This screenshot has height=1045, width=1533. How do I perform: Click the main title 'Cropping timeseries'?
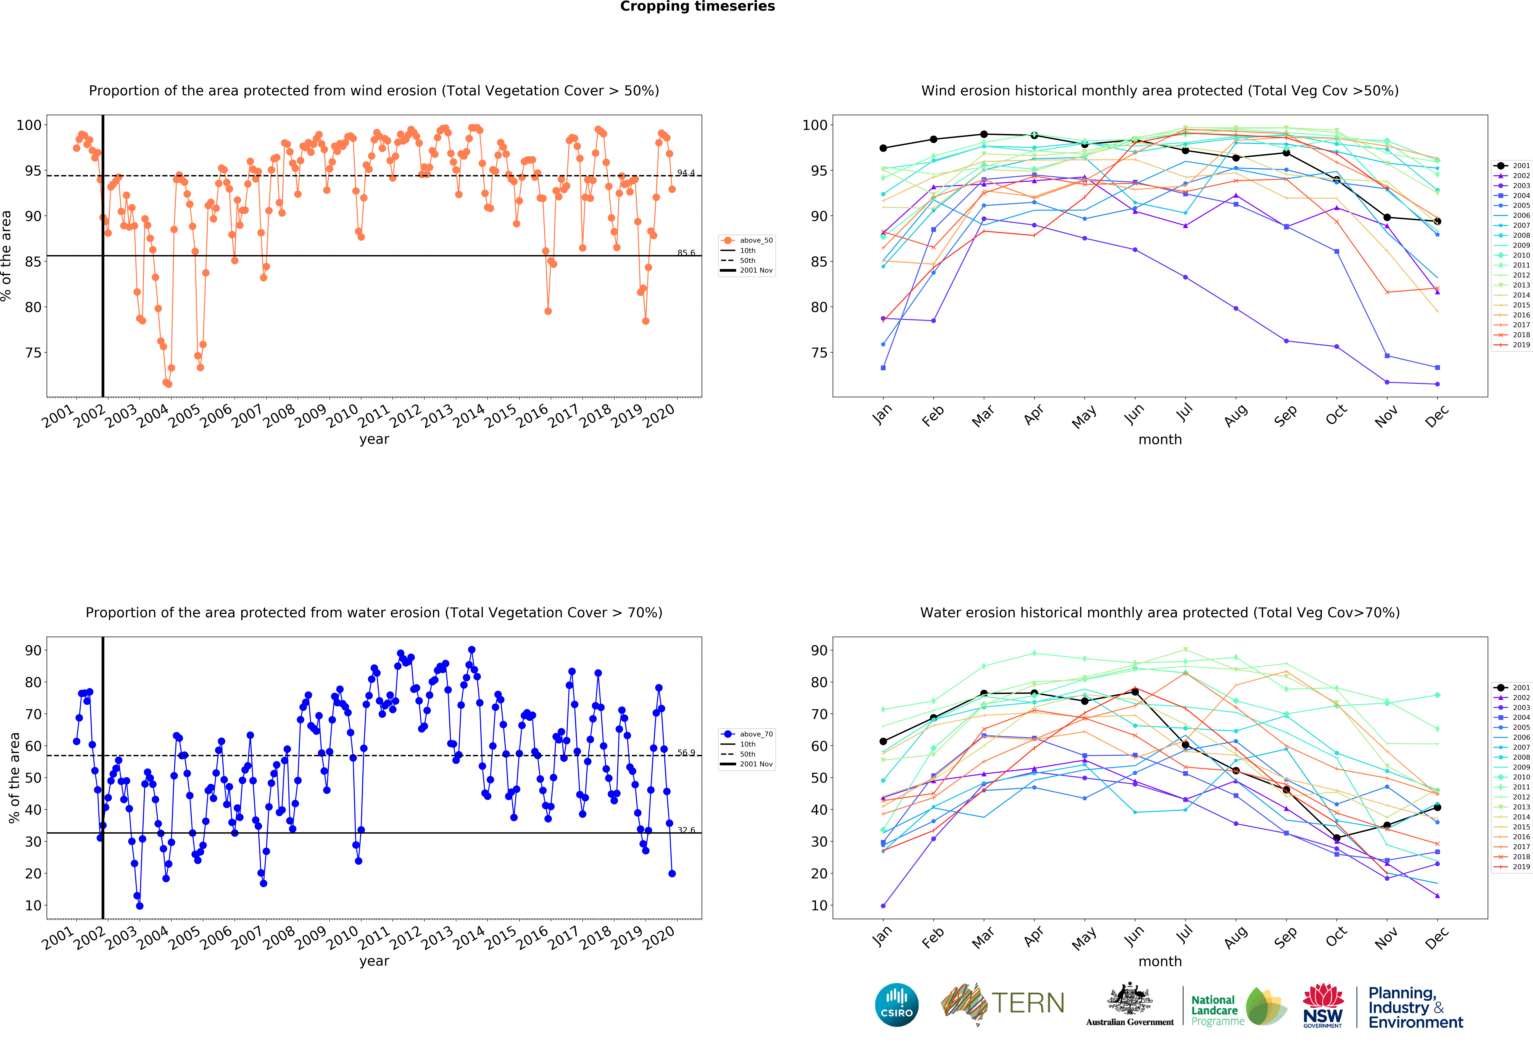click(x=697, y=7)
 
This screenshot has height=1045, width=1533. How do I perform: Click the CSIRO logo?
click(x=896, y=1005)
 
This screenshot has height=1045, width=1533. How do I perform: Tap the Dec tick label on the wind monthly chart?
click(x=1437, y=416)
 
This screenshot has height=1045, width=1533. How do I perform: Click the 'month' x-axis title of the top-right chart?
click(x=1160, y=439)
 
